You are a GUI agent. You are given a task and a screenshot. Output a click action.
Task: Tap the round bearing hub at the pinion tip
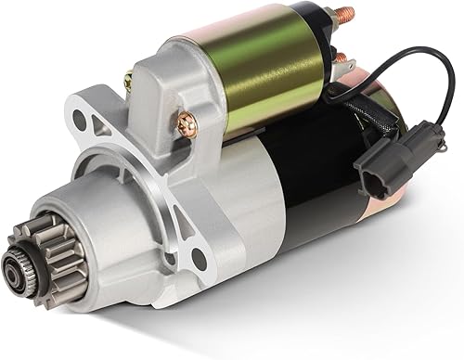coord(18,276)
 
